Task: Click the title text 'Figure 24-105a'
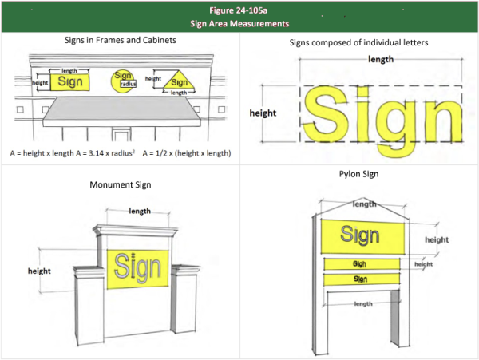(238, 10)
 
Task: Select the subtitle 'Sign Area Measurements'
(239, 23)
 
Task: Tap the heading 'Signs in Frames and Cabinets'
(121, 40)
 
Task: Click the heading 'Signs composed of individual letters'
(358, 42)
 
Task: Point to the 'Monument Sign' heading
(121, 184)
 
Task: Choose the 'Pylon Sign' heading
(358, 174)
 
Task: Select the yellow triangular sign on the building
(179, 81)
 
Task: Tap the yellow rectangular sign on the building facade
(69, 82)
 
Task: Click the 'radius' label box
(128, 84)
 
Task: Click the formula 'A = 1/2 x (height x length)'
(187, 153)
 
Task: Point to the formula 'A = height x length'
(42, 153)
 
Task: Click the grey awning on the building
(122, 112)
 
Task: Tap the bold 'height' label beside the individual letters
(263, 113)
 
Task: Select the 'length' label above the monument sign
(140, 211)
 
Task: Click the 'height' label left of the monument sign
(39, 271)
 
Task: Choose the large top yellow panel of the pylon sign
(362, 236)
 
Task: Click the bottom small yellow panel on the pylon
(362, 279)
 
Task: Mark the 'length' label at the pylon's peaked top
(364, 204)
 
